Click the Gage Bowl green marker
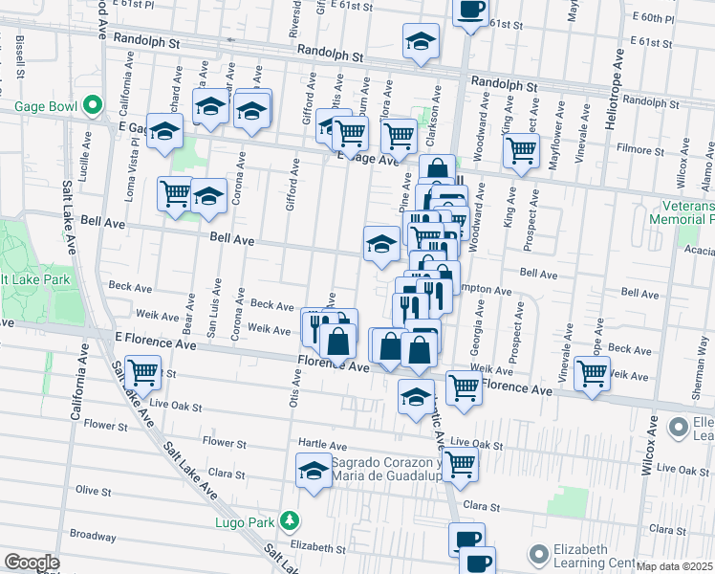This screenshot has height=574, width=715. click(93, 104)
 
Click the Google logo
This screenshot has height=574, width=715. click(32, 563)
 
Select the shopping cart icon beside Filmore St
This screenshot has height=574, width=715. click(521, 150)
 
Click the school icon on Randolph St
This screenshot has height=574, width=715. click(419, 43)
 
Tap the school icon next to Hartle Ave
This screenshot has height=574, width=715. click(313, 471)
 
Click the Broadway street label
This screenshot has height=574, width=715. click(93, 535)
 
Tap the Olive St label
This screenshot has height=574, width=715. click(95, 490)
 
